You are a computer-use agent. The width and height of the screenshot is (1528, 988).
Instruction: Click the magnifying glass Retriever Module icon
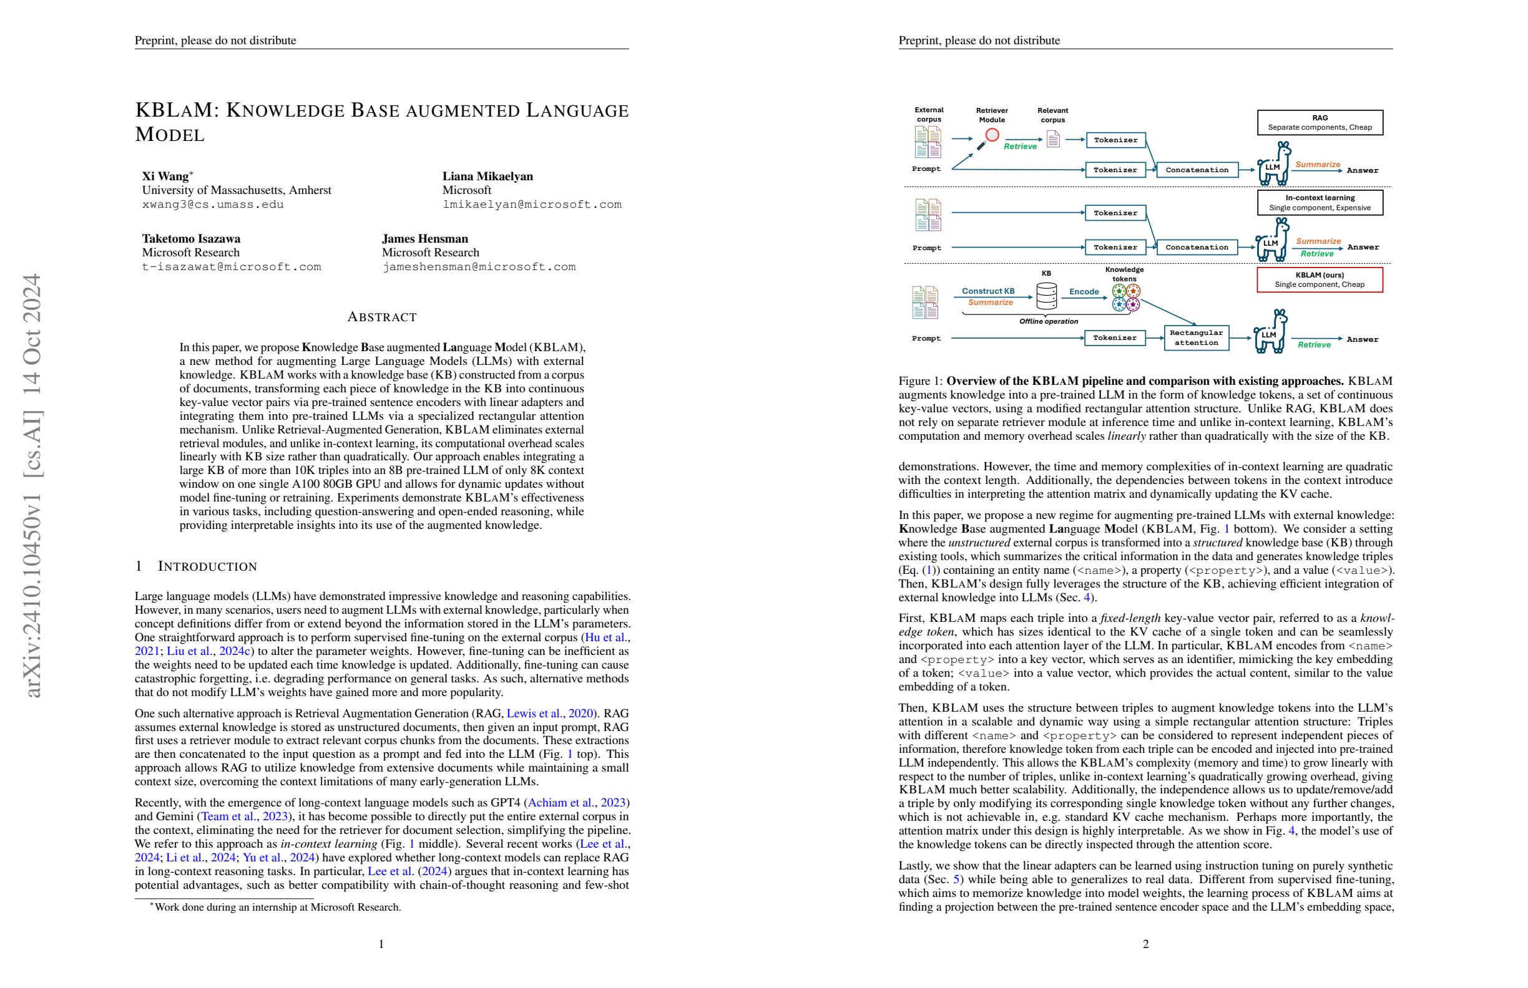point(989,139)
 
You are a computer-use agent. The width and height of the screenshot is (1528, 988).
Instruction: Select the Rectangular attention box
point(1196,337)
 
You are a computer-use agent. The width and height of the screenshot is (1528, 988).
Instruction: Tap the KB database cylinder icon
point(1046,296)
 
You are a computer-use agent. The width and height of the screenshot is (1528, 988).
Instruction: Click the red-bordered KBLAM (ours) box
point(1320,279)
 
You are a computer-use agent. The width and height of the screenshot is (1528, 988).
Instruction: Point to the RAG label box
point(1320,122)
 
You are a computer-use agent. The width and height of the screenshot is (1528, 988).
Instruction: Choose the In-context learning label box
point(1320,203)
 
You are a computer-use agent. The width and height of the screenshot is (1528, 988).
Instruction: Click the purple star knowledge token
point(1133,305)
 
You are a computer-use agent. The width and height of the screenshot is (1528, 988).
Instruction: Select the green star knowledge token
point(1119,291)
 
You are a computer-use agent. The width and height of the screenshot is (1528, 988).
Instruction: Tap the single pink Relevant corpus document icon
point(1053,139)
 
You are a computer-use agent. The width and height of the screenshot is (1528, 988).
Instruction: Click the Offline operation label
point(1049,321)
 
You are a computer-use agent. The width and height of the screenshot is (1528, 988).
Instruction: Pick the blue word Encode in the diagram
point(1084,291)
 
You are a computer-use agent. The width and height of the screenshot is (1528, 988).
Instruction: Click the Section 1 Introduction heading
point(196,566)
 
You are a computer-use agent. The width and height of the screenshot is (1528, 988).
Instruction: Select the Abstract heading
point(381,317)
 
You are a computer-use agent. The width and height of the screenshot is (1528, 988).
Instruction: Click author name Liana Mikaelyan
point(487,177)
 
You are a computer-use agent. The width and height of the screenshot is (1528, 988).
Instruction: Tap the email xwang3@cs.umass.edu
point(212,205)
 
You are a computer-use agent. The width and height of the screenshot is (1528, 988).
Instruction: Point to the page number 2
point(1145,944)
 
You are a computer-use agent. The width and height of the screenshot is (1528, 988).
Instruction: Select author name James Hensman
point(424,239)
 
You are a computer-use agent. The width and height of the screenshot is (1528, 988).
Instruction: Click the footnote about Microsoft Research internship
point(275,907)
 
